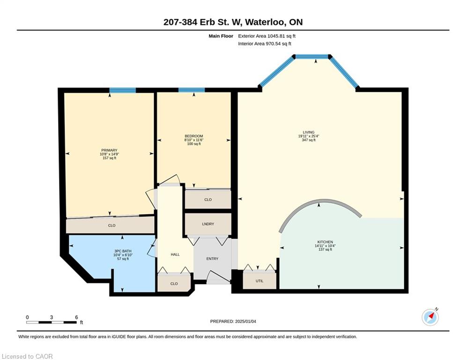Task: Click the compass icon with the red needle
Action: (x=430, y=317)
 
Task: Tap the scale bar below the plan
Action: (x=52, y=322)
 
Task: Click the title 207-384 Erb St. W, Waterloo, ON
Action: (x=233, y=22)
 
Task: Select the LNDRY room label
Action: (x=208, y=224)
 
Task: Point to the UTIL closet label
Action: (x=259, y=281)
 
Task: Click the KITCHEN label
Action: (x=325, y=242)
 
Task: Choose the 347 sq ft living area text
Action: (x=309, y=140)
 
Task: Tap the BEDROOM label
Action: (x=194, y=136)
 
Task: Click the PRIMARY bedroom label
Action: (x=110, y=150)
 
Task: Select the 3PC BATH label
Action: (x=123, y=251)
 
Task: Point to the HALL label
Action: (x=175, y=255)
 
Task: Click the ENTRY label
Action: (x=212, y=259)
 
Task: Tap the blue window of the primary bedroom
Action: (x=122, y=90)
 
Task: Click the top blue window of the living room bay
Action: (x=312, y=57)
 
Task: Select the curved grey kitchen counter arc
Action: (x=320, y=203)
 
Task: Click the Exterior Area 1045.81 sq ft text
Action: (x=266, y=36)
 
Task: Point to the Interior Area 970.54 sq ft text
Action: (x=265, y=44)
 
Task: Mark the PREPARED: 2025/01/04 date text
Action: (x=233, y=321)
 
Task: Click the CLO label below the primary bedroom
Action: (x=112, y=225)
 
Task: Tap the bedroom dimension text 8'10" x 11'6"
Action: (x=194, y=140)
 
